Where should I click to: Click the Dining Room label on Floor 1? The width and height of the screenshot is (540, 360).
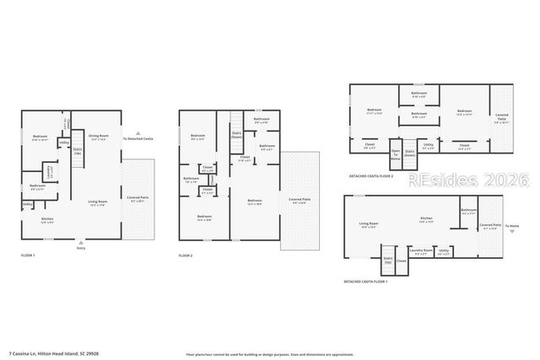[x=100, y=137]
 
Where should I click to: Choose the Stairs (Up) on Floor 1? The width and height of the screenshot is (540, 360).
[x=78, y=153]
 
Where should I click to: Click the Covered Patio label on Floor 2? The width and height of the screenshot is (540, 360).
[x=300, y=201]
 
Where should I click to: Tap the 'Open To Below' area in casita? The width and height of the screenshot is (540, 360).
[x=396, y=156]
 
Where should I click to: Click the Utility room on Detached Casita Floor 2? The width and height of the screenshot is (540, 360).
[x=428, y=147]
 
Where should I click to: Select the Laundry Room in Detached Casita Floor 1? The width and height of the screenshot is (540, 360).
[x=421, y=250]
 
